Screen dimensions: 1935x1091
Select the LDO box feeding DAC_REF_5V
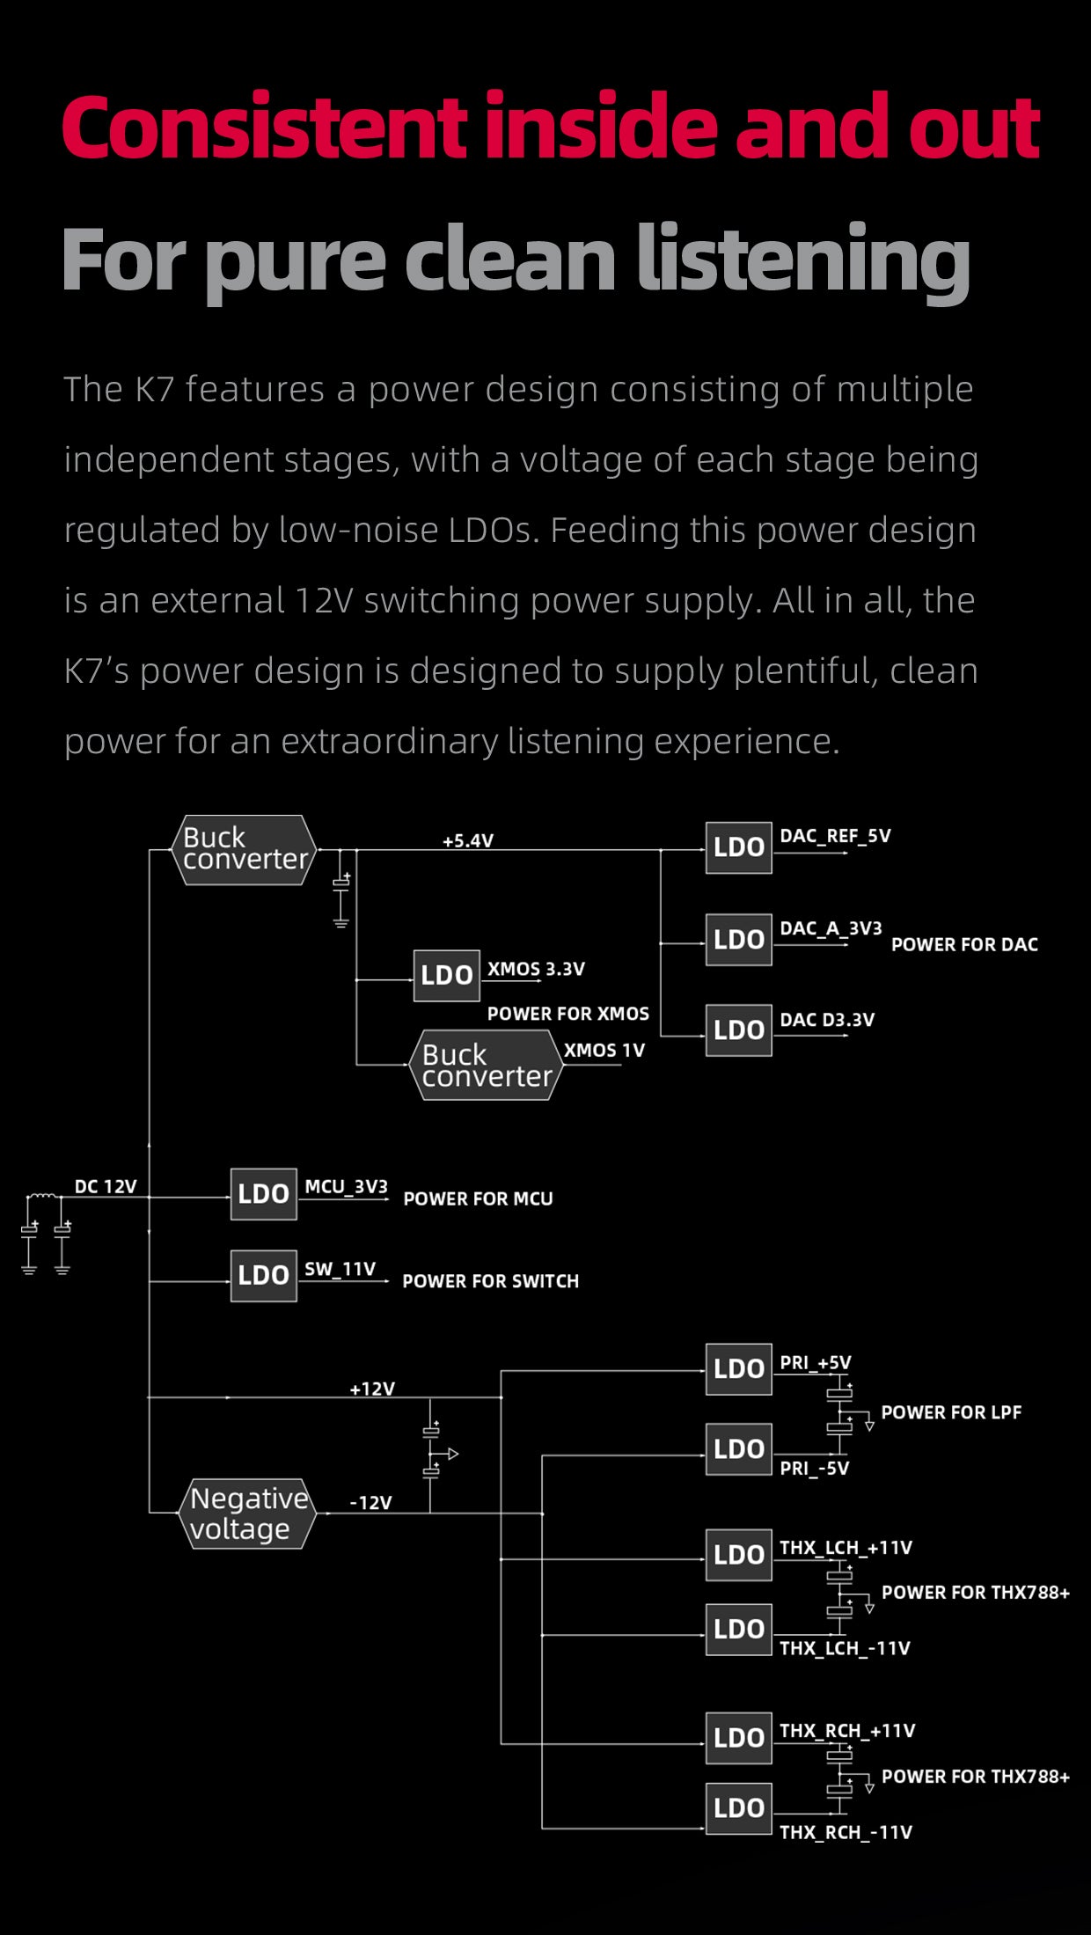coord(738,847)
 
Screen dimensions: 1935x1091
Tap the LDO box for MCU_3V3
coord(263,1193)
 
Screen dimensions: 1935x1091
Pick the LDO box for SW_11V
coord(263,1275)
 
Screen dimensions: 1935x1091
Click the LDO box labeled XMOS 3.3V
coord(447,975)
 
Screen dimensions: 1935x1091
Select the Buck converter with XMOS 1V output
coord(486,1065)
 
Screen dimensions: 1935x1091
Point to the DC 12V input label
coord(106,1186)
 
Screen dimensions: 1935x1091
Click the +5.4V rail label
coord(467,840)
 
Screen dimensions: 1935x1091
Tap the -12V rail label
coord(370,1502)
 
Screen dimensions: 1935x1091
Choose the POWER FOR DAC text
coord(964,944)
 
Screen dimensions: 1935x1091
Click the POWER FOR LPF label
coord(951,1412)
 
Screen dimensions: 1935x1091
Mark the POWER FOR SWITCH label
coord(490,1281)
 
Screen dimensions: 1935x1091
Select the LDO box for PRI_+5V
coord(738,1368)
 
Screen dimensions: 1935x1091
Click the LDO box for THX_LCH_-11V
coord(738,1629)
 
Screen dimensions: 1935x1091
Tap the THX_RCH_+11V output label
coord(847,1730)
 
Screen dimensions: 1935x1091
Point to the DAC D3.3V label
coord(827,1019)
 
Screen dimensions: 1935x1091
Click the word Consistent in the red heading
coord(264,128)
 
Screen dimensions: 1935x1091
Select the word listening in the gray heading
coord(802,260)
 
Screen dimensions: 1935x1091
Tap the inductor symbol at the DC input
coord(40,1196)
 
